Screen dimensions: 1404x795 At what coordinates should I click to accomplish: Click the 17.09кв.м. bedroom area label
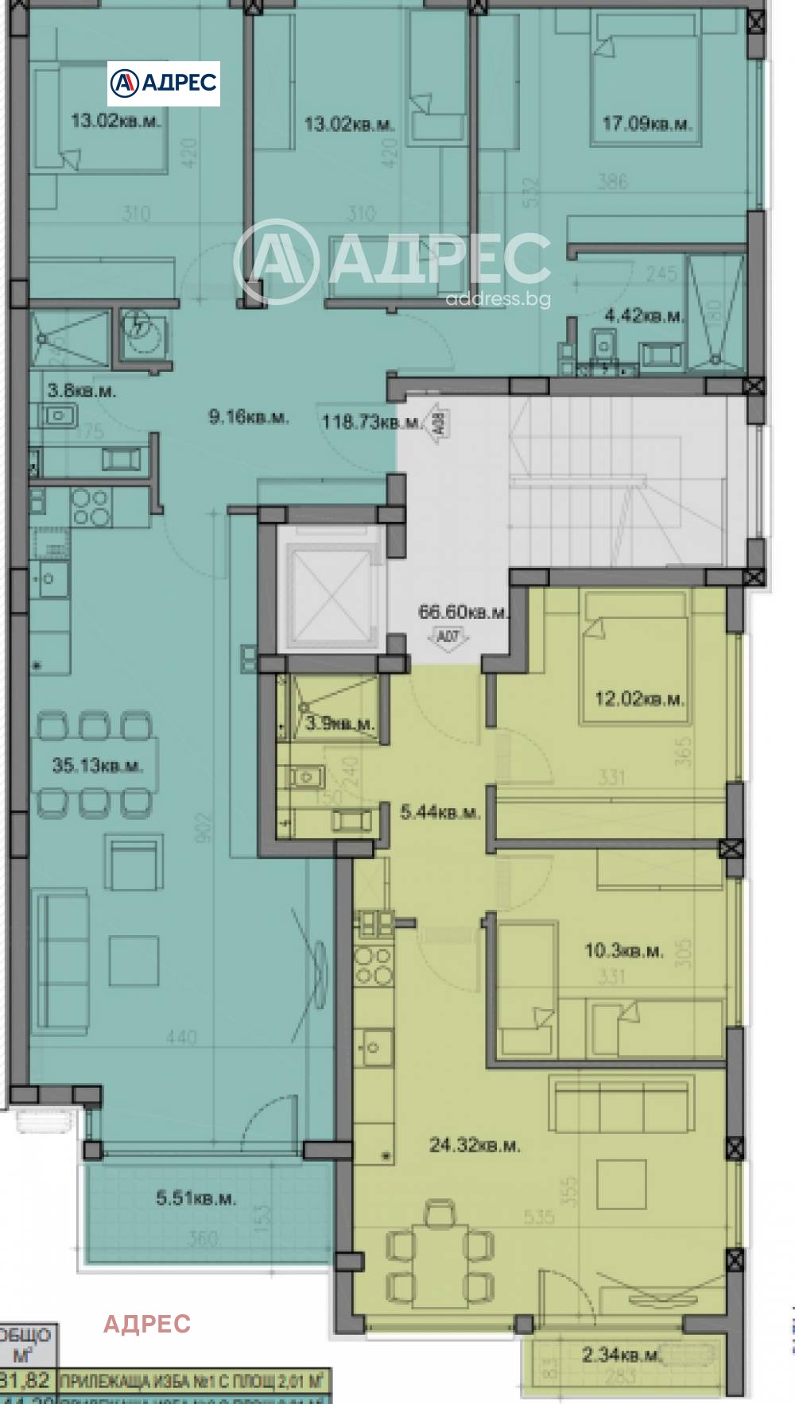pyautogui.click(x=646, y=124)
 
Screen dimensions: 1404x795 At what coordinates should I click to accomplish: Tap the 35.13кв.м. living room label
pyautogui.click(x=97, y=766)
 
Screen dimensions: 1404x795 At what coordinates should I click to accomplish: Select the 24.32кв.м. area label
pyautogui.click(x=475, y=1145)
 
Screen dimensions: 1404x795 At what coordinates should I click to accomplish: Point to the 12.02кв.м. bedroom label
pyautogui.click(x=639, y=699)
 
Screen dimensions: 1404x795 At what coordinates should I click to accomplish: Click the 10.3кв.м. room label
pyautogui.click(x=623, y=950)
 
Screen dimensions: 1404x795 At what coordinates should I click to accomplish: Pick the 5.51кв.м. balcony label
pyautogui.click(x=196, y=1198)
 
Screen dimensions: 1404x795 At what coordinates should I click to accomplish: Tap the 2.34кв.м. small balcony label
pyautogui.click(x=621, y=1355)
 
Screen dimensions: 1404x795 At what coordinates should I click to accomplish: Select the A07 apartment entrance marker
pyautogui.click(x=448, y=636)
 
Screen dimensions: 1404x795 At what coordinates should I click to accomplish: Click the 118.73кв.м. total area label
pyautogui.click(x=370, y=422)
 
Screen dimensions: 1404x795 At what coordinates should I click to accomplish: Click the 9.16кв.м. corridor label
pyautogui.click(x=248, y=416)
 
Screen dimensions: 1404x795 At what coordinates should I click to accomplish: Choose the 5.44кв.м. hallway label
pyautogui.click(x=440, y=812)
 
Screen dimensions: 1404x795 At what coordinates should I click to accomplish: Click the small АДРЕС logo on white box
pyautogui.click(x=164, y=83)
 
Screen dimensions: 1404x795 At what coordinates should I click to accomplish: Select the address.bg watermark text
pyautogui.click(x=498, y=299)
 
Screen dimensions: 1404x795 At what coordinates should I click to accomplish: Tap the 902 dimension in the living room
pyautogui.click(x=204, y=827)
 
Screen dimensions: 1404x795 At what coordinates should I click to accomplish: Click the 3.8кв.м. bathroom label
pyautogui.click(x=81, y=391)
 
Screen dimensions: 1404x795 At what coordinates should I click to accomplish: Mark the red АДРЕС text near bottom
pyautogui.click(x=147, y=1324)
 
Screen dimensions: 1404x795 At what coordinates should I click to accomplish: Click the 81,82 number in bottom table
pyautogui.click(x=26, y=1380)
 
